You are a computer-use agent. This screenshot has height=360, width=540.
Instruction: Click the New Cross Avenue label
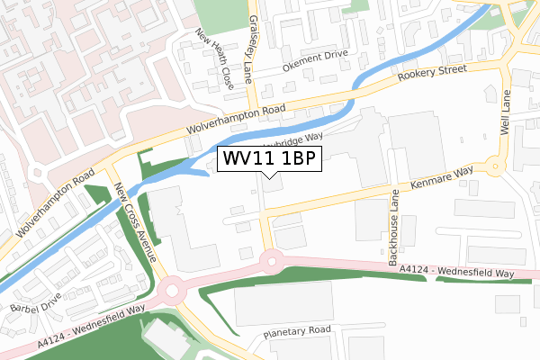coord(136,220)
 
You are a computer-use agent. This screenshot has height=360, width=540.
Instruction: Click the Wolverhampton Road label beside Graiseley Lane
coord(235,121)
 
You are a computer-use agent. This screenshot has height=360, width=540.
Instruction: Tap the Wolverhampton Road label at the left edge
coord(53,207)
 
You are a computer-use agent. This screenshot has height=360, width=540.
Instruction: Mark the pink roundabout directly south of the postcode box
coord(271,260)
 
